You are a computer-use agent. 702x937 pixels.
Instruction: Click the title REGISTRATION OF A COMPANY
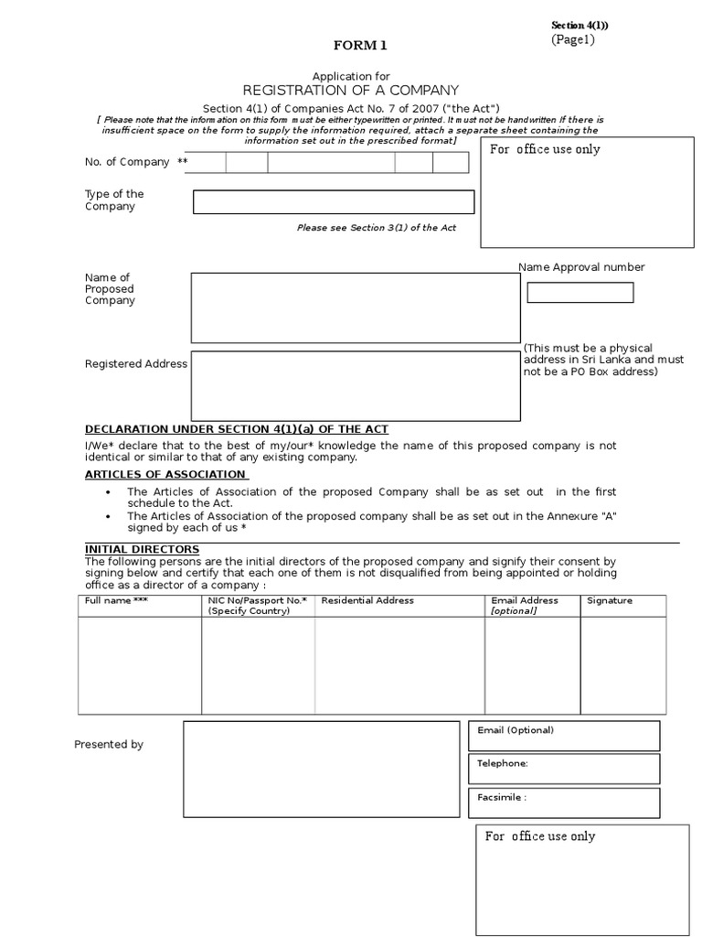(350, 90)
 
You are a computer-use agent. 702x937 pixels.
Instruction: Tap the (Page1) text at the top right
(572, 39)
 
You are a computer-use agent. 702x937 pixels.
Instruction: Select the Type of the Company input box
(334, 201)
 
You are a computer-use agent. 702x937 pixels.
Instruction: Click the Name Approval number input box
(580, 293)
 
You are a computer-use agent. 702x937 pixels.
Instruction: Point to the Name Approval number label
(581, 267)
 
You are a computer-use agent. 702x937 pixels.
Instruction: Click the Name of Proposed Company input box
(355, 307)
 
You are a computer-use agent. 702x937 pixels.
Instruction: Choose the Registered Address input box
(355, 384)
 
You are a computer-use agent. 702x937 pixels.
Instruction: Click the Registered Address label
(135, 363)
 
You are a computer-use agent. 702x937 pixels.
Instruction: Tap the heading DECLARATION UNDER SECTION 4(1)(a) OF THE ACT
(237, 429)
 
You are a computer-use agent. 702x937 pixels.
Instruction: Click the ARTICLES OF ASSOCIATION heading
(165, 474)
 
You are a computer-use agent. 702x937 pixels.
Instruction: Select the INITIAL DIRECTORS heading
(142, 549)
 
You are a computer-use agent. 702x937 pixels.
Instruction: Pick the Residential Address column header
(367, 600)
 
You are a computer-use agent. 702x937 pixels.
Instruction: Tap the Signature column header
(609, 600)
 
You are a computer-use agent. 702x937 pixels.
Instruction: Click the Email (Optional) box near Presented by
(564, 735)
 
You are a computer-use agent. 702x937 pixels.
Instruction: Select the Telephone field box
(564, 769)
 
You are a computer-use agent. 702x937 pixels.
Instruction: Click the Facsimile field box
(564, 802)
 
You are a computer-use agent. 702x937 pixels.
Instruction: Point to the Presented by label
(109, 745)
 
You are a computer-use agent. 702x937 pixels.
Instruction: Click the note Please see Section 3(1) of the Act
(377, 228)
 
